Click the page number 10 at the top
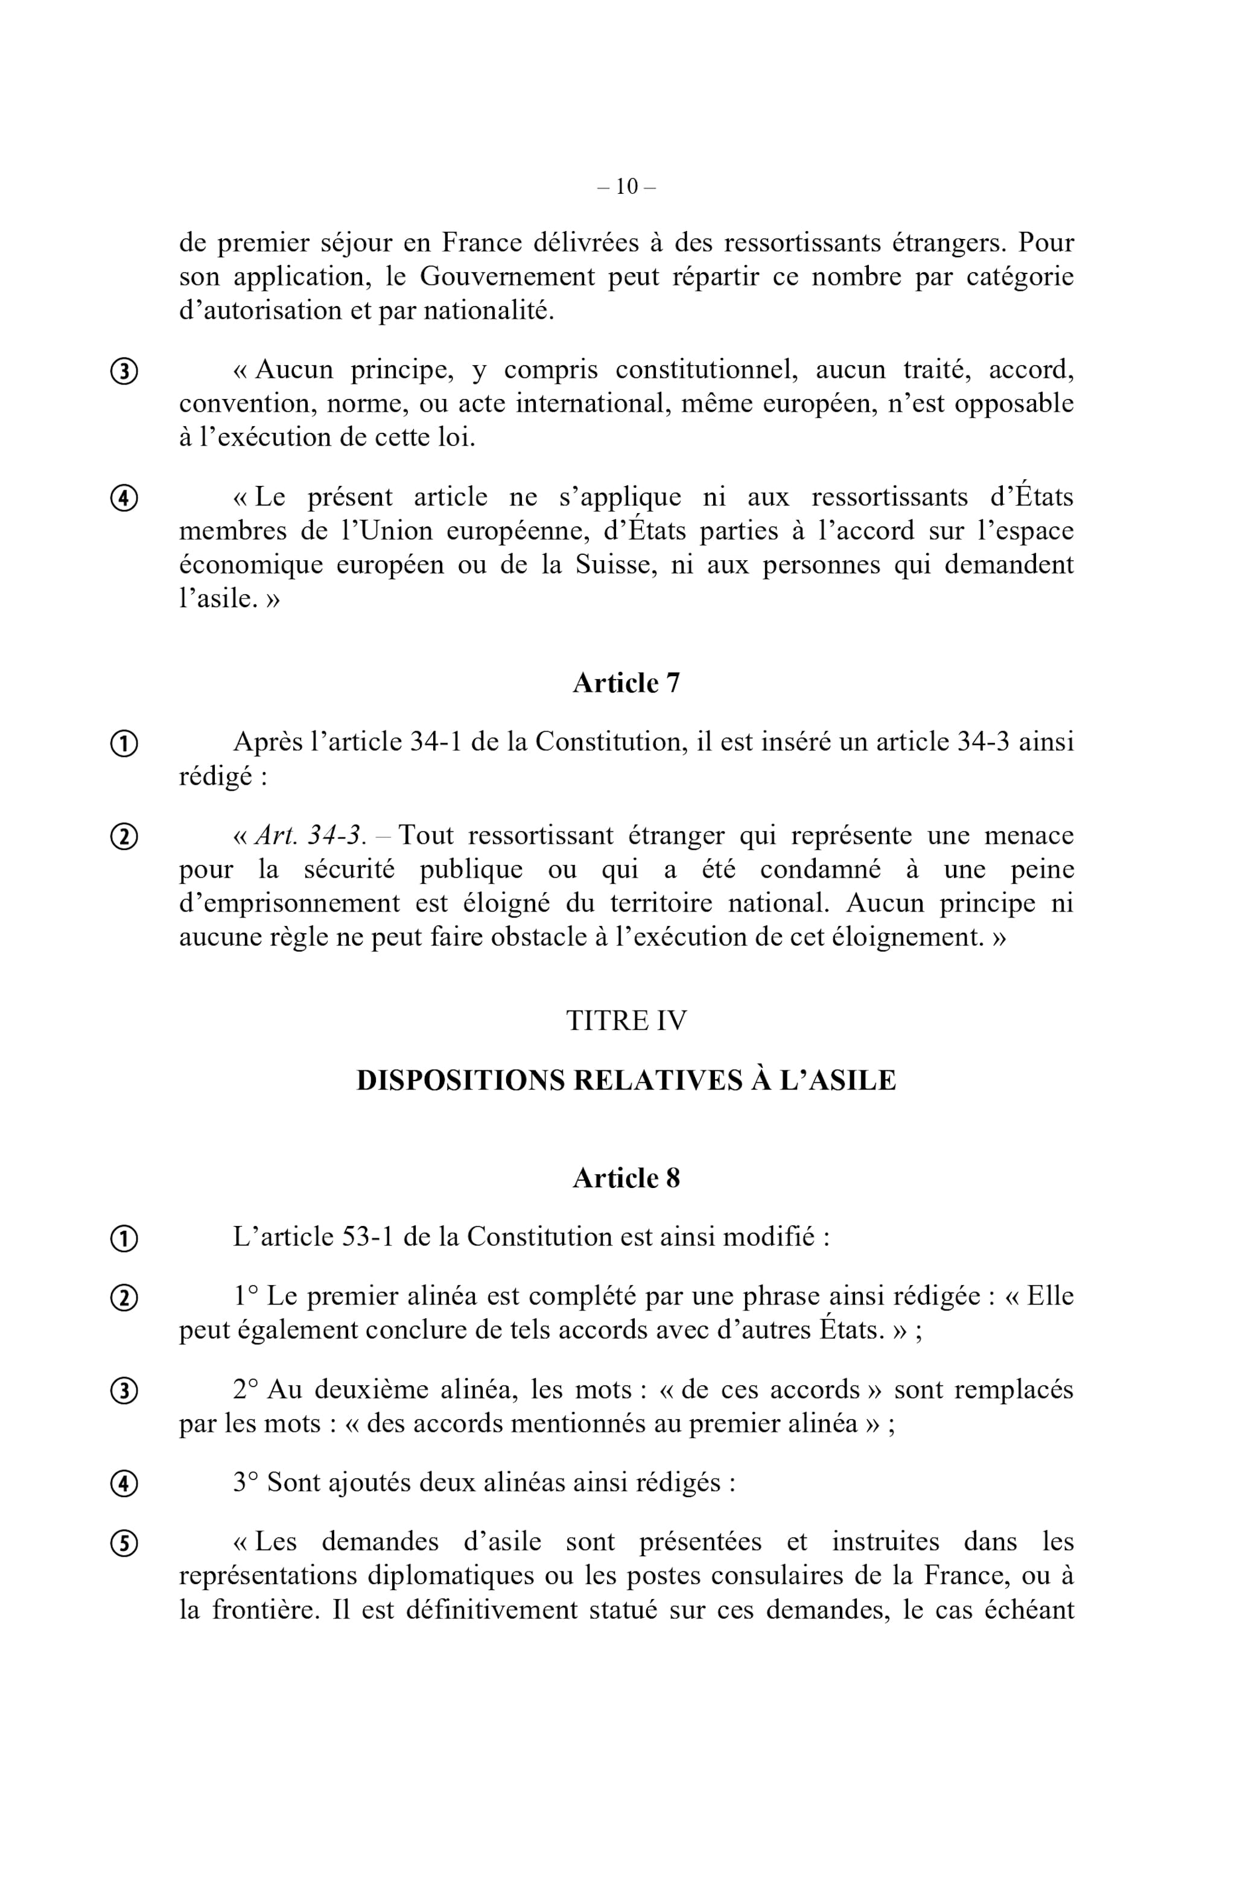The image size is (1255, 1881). pos(627,187)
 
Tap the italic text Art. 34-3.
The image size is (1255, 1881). pos(311,835)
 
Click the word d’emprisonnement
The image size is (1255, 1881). pos(289,903)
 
